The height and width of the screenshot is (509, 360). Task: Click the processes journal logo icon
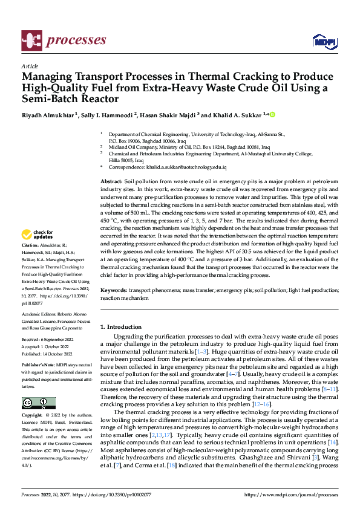tap(31, 40)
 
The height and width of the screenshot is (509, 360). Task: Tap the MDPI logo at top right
tap(323, 41)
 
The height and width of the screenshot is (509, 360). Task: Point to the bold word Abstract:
tap(111, 182)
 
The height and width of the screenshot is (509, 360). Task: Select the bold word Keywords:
tap(114, 291)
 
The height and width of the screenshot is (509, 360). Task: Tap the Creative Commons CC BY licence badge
tap(38, 403)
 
